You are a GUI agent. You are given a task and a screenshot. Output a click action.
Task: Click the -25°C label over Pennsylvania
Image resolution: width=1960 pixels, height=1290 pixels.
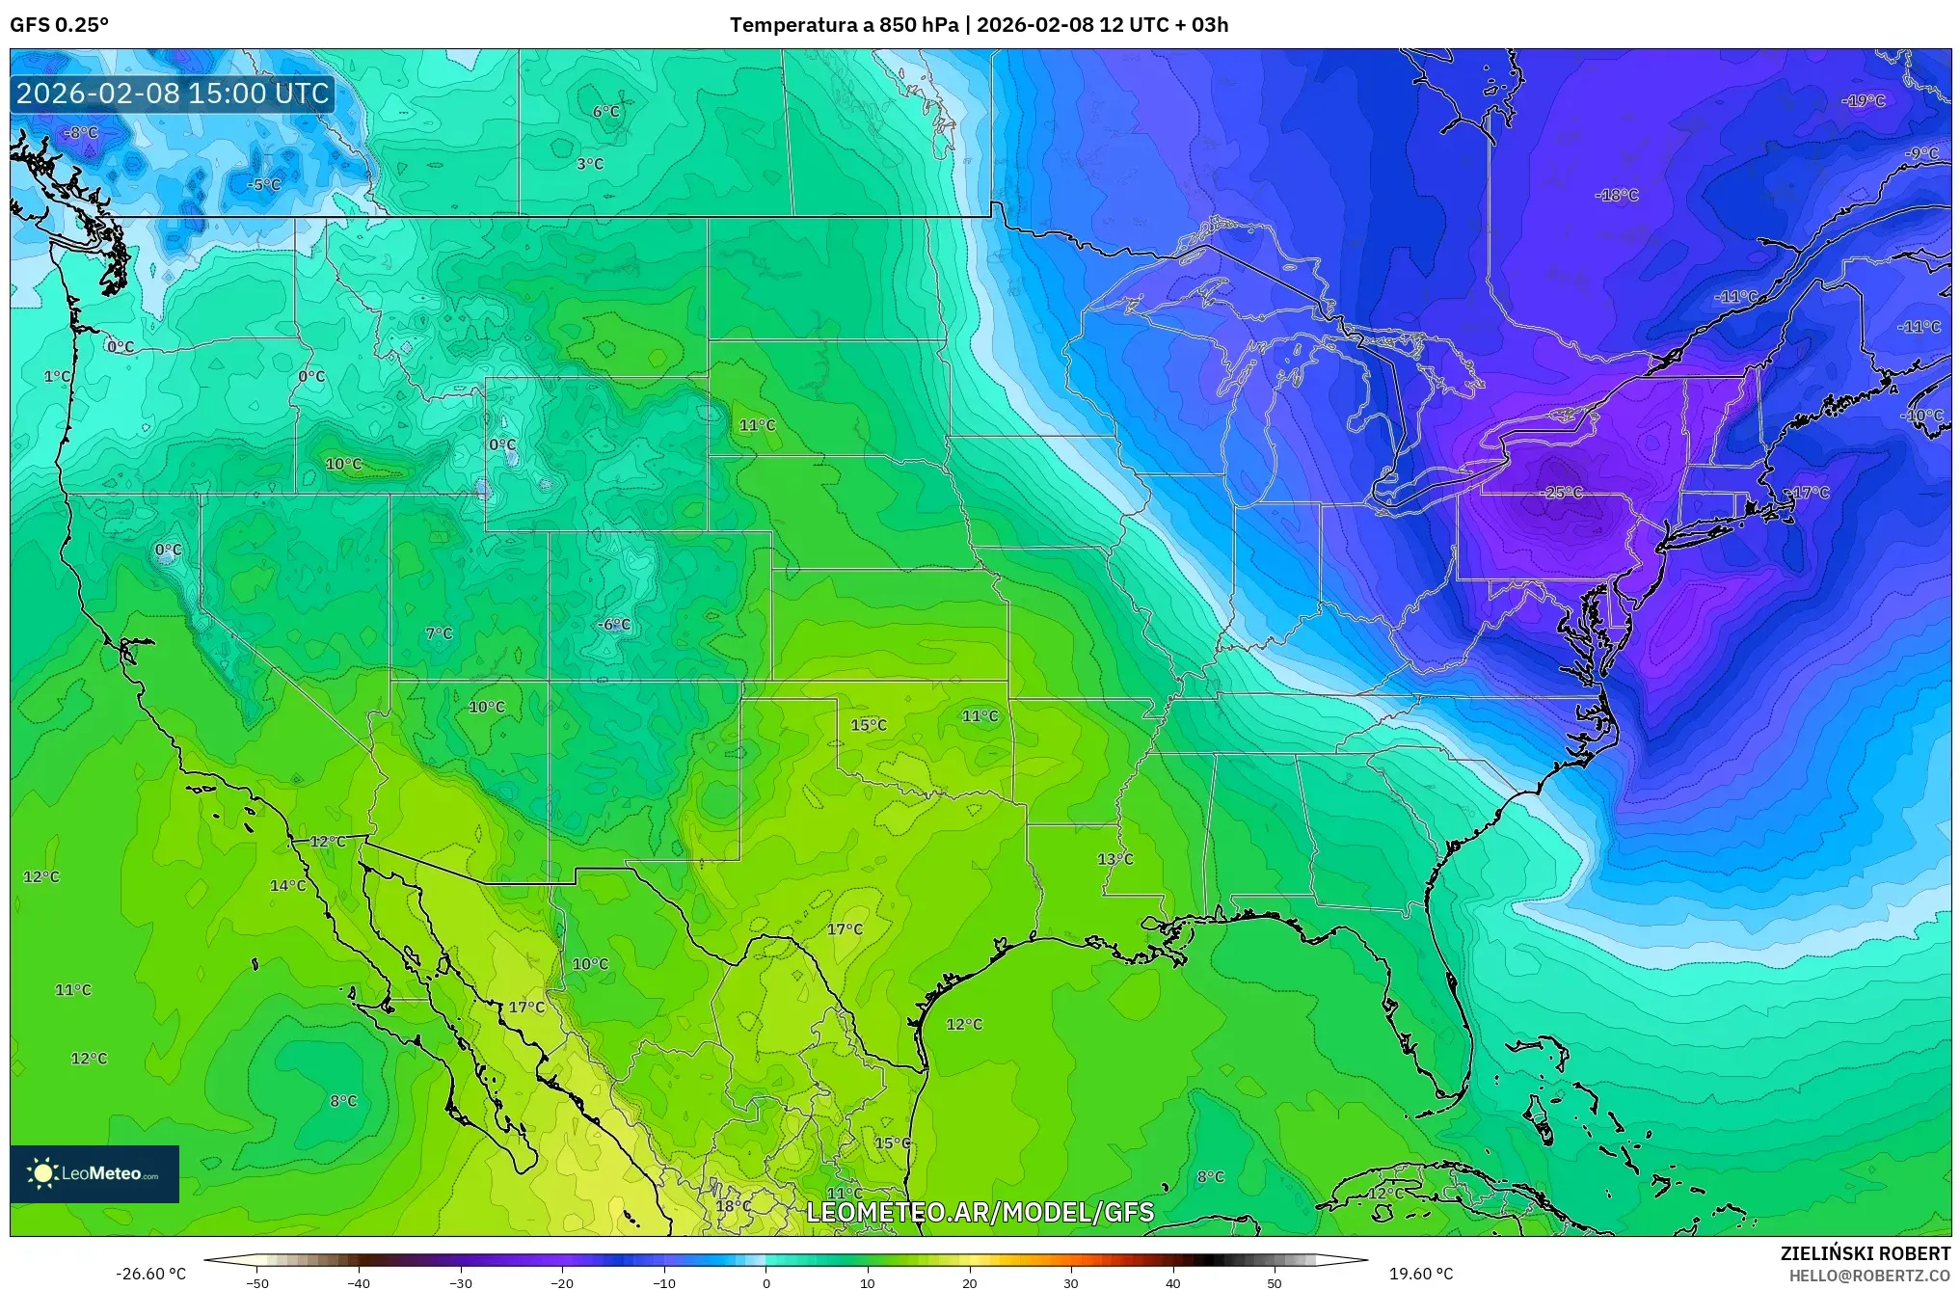coord(1563,493)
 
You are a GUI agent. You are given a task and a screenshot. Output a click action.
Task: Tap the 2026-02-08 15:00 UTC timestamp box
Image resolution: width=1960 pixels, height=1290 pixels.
coord(173,94)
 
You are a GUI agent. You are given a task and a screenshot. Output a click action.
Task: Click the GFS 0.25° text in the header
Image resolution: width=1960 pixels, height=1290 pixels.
coord(59,25)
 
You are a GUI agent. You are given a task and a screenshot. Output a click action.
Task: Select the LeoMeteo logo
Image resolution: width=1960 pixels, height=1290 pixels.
coord(94,1173)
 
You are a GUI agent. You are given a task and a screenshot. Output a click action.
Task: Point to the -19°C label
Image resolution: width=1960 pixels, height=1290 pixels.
coord(1863,101)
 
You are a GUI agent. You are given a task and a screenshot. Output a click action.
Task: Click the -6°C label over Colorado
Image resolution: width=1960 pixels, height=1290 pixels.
coord(613,625)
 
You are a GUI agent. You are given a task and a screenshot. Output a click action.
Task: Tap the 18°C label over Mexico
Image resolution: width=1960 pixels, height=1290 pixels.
coord(733,1206)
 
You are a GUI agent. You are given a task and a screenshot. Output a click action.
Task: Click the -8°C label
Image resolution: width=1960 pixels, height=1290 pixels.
coord(80,133)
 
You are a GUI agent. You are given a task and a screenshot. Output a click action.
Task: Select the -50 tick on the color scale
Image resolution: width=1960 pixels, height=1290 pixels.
coord(257,1283)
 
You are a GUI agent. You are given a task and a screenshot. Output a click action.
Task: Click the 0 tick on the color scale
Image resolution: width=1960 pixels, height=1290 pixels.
coord(766,1283)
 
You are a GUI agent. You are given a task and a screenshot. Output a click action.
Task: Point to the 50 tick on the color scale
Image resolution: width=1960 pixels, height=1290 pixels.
coord(1275,1283)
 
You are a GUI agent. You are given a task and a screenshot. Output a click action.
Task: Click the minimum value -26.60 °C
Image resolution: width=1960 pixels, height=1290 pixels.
coord(151,1274)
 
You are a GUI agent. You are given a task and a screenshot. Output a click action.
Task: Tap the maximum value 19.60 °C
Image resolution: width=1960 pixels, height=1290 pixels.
coord(1420,1274)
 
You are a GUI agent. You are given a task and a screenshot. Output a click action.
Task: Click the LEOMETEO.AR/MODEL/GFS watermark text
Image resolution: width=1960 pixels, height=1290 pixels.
coord(980,1212)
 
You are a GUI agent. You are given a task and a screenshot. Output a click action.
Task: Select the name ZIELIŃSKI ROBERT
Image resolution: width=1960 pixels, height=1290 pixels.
coord(1865,1253)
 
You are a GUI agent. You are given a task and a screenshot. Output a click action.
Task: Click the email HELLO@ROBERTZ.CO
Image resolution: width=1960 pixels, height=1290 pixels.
coord(1869,1276)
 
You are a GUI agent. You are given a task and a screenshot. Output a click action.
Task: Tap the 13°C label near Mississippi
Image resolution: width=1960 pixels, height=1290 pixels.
coord(1115,859)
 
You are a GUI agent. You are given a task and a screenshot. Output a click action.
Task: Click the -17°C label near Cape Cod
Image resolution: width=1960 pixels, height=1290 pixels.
coord(1809,493)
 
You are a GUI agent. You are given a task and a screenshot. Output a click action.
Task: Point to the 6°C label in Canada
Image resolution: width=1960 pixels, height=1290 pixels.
coord(606,112)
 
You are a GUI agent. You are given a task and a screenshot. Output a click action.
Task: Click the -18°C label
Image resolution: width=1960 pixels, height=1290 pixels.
coord(1617,195)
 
